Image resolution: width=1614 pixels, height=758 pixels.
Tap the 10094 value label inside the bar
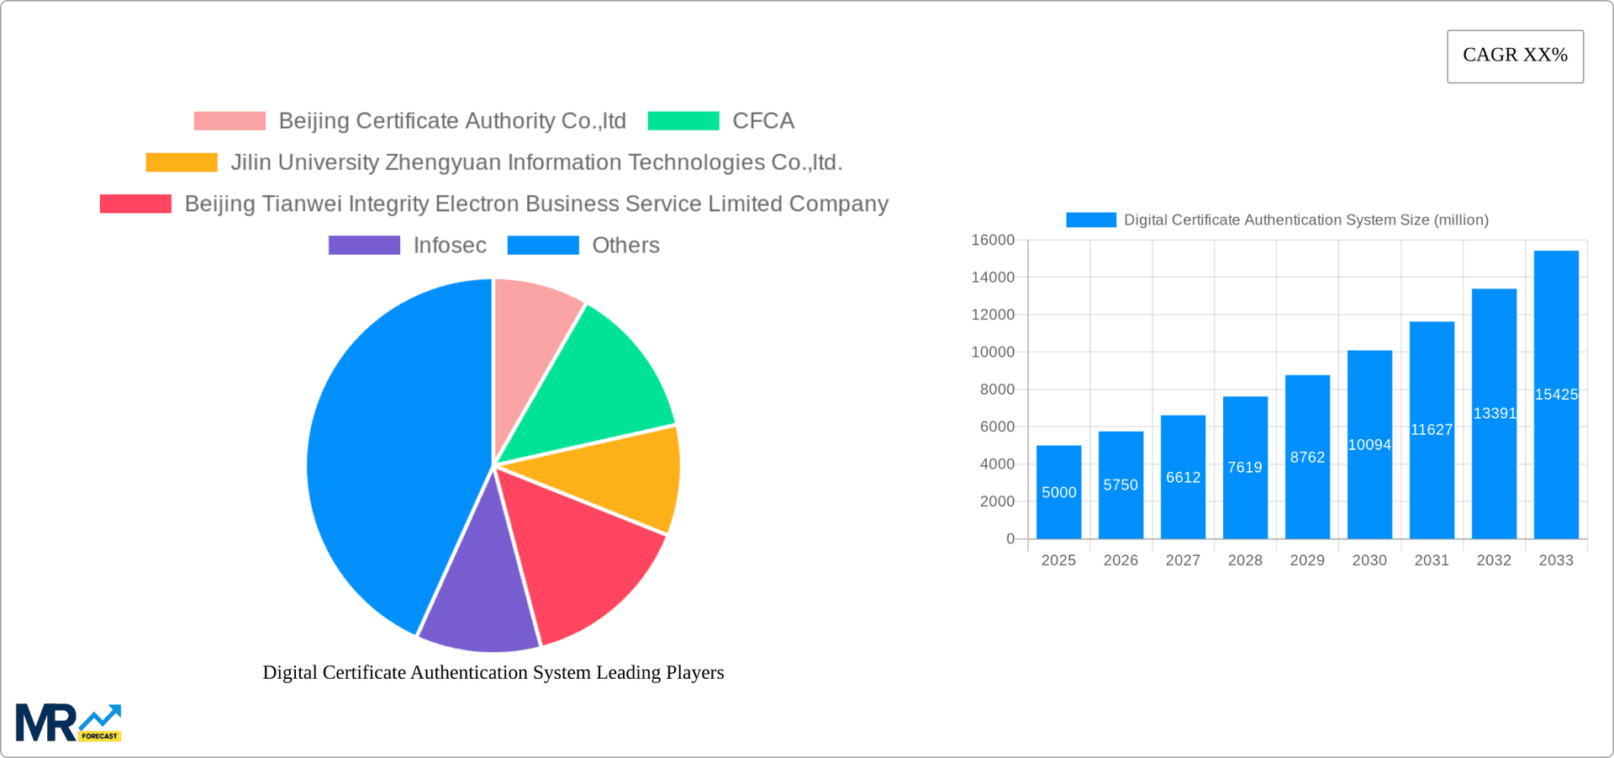tap(1369, 445)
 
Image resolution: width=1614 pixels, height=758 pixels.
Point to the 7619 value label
tap(1245, 468)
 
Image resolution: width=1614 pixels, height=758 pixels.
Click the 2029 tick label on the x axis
tap(1307, 560)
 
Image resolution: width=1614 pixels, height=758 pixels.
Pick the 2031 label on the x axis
tap(1432, 560)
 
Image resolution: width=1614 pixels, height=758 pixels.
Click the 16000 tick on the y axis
tap(993, 241)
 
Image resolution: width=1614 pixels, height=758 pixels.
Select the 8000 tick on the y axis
tap(996, 390)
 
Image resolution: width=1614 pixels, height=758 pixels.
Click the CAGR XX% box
tap(1515, 56)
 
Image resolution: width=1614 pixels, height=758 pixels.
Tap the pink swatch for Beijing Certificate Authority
tap(229, 121)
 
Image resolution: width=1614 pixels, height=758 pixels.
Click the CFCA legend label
tap(762, 121)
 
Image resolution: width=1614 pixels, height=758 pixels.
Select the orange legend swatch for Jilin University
tap(182, 162)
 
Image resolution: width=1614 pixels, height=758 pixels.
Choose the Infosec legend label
tap(450, 246)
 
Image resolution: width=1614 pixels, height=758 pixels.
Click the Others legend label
tap(625, 246)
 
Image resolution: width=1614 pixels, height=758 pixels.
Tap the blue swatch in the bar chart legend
tap(1090, 220)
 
